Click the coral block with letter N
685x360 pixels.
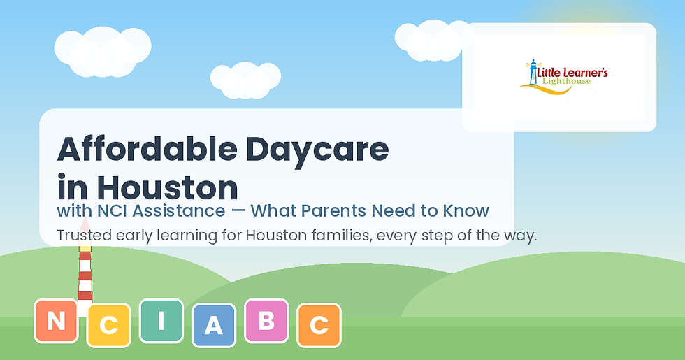tap(57, 321)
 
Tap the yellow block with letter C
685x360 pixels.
tap(109, 326)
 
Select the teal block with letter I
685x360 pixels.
tap(161, 321)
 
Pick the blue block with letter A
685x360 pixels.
tap(214, 326)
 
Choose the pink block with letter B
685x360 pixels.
tap(266, 321)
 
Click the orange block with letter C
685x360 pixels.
tap(319, 326)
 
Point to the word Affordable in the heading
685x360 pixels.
tap(147, 150)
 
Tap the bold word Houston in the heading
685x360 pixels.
tap(167, 188)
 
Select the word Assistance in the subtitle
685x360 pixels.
tap(179, 211)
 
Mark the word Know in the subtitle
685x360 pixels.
tap(467, 211)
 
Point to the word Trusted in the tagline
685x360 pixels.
tap(85, 236)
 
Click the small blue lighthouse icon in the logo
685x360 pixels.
tap(533, 73)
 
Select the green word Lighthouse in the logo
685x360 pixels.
tap(567, 82)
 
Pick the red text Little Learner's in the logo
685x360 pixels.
tap(572, 73)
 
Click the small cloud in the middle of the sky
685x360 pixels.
tap(245, 80)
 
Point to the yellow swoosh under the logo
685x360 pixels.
tap(547, 89)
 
